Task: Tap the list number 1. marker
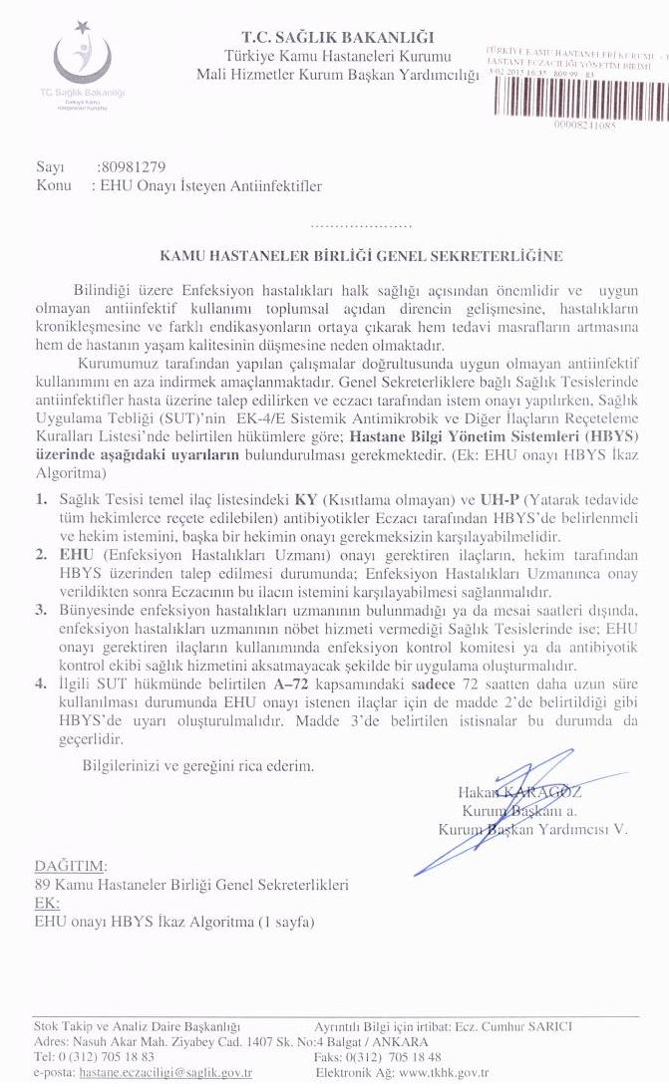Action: coord(41,497)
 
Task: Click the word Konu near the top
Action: coord(52,185)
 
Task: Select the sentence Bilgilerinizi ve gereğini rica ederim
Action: coord(198,766)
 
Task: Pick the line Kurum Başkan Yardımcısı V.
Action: coord(533,829)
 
